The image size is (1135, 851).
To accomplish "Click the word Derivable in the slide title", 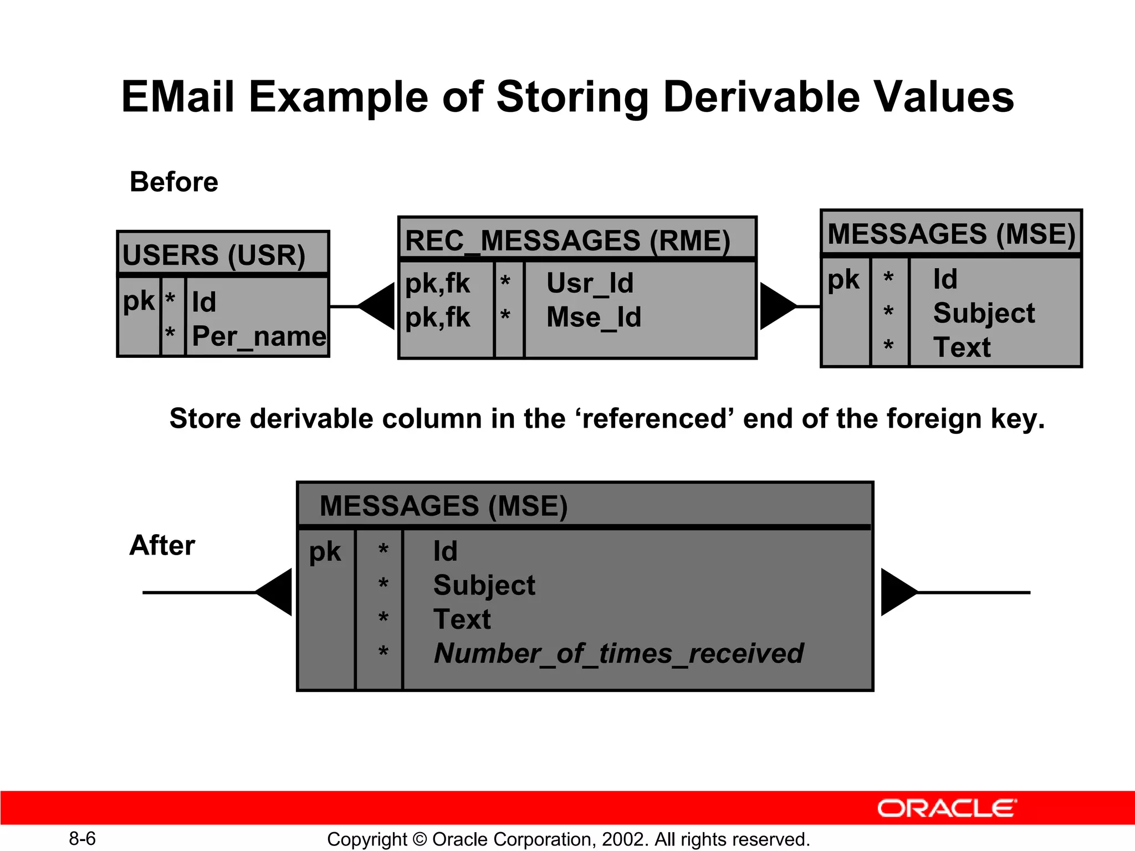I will coord(761,98).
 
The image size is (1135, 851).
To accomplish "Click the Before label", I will coord(173,182).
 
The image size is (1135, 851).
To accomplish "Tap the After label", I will coord(162,546).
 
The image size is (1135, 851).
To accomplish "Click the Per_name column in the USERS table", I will coord(259,337).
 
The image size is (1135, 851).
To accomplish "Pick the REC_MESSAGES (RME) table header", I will coord(567,241).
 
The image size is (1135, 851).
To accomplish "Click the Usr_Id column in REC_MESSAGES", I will coord(590,283).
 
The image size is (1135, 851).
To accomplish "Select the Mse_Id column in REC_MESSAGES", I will coord(594,317).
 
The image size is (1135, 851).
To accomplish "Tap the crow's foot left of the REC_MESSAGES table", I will coord(379,306).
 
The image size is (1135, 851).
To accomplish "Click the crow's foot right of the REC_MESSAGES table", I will coord(776,306).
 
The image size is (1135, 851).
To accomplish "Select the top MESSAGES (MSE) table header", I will coord(951,234).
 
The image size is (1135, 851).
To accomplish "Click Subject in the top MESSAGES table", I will coord(984,314).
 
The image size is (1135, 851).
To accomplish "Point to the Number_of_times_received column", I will coord(618,654).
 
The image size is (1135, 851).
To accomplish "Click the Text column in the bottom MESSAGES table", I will coord(462,619).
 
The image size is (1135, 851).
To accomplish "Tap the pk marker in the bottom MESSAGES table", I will coord(325,552).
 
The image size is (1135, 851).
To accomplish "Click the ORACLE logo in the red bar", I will coord(947,808).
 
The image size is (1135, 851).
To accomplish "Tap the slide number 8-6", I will coord(82,839).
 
